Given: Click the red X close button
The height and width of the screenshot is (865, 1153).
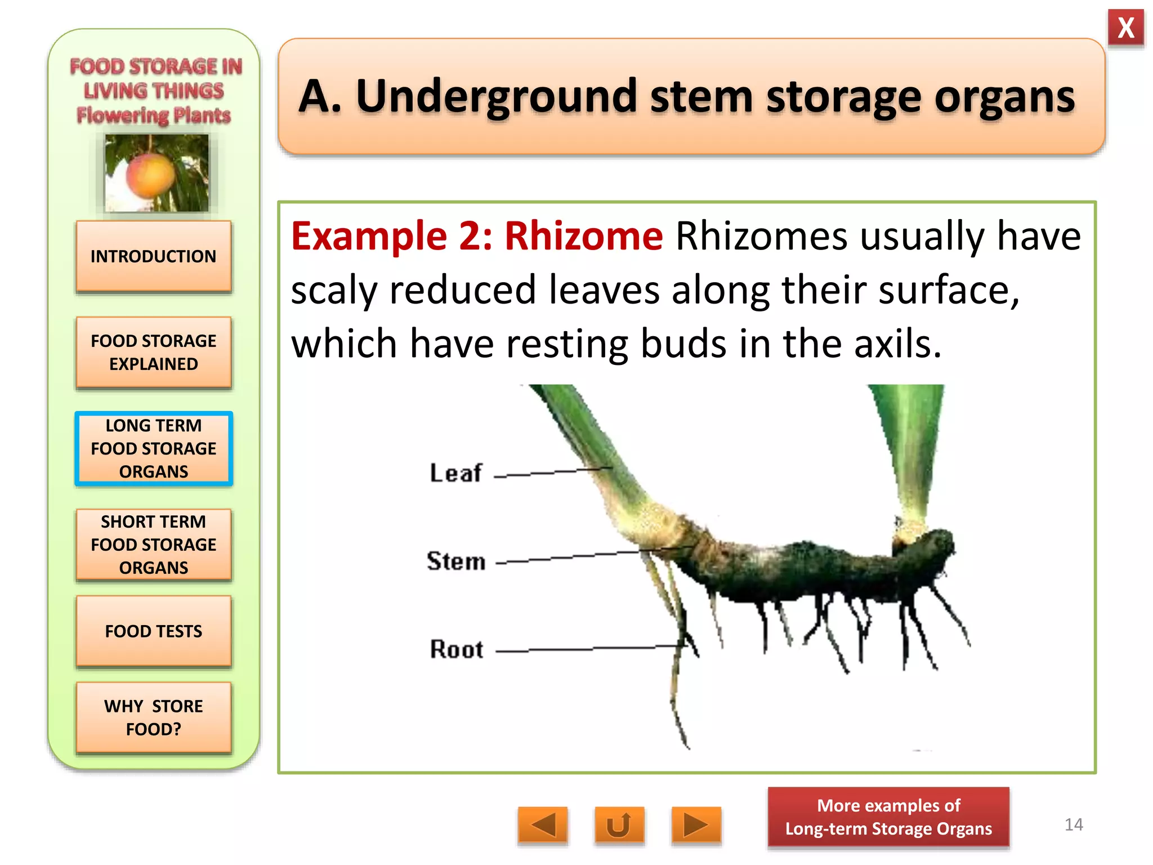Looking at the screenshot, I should coord(1125,28).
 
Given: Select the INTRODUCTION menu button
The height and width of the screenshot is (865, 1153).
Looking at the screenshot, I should coord(154,257).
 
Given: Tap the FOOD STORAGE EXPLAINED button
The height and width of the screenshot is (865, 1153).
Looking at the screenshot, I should coord(154,353).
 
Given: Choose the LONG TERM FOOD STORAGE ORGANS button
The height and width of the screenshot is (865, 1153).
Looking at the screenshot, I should coord(154,449).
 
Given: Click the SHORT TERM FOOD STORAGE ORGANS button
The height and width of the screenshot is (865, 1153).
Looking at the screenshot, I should coord(154,545).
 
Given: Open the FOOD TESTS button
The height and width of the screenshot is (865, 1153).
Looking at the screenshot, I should coord(154,631).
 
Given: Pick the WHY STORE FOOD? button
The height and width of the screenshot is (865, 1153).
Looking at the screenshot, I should coord(154,717).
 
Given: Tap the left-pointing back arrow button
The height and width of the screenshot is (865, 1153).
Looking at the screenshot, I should coord(543,826).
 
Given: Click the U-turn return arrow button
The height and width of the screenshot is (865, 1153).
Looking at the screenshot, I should coord(619,826).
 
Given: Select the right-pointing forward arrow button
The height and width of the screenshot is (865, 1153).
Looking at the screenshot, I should coord(696,826).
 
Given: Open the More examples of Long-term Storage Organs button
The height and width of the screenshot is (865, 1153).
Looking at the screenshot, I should coord(888,817).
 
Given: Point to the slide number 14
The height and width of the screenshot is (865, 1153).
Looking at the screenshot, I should coord(1074,824).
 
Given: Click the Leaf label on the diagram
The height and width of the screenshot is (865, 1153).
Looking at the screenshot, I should coord(456,473).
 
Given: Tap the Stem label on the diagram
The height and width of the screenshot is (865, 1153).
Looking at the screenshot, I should coord(456,561).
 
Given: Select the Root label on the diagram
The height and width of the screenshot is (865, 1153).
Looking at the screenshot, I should coord(457,649).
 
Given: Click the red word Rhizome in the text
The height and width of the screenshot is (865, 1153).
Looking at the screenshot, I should coord(583,236).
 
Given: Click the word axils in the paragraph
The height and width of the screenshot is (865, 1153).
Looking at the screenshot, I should coord(897,344).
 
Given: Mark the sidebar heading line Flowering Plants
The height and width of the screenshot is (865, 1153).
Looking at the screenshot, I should coord(154,115).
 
